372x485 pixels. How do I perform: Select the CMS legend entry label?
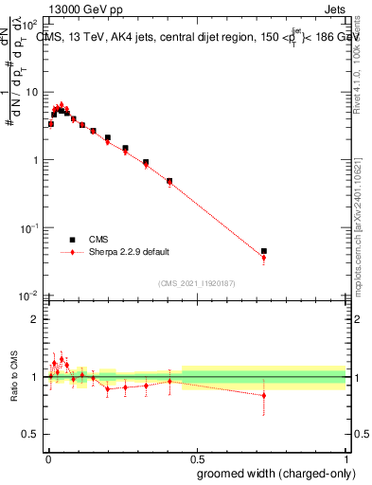pyautogui.click(x=99, y=240)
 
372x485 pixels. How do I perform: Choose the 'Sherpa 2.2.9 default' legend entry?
pyautogui.click(x=130, y=252)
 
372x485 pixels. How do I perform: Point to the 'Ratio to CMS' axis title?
pyautogui.click(x=13, y=377)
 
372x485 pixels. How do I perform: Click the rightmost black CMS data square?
pyautogui.click(x=264, y=251)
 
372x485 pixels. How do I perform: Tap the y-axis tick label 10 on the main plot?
pyautogui.click(x=33, y=92)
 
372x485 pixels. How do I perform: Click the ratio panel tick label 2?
pyautogui.click(x=36, y=319)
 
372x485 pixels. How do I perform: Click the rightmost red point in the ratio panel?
pyautogui.click(x=264, y=395)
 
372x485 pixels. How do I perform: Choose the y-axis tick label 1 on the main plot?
pyautogui.click(x=36, y=160)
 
